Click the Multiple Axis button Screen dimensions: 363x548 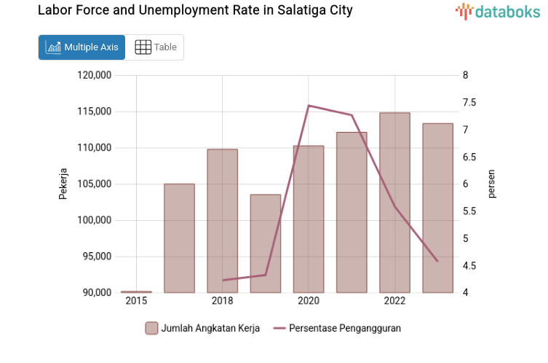pos(82,47)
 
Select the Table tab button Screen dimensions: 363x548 pos(156,47)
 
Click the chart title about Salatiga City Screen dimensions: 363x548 pos(195,11)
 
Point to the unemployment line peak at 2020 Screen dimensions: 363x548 pos(309,106)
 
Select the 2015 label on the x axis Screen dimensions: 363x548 pos(136,301)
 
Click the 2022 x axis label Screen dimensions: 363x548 pos(394,301)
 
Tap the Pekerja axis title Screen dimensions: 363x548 pos(63,184)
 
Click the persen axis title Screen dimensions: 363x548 pos(491,184)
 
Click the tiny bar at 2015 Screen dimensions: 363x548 pos(136,292)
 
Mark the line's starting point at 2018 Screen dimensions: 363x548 pos(223,280)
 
